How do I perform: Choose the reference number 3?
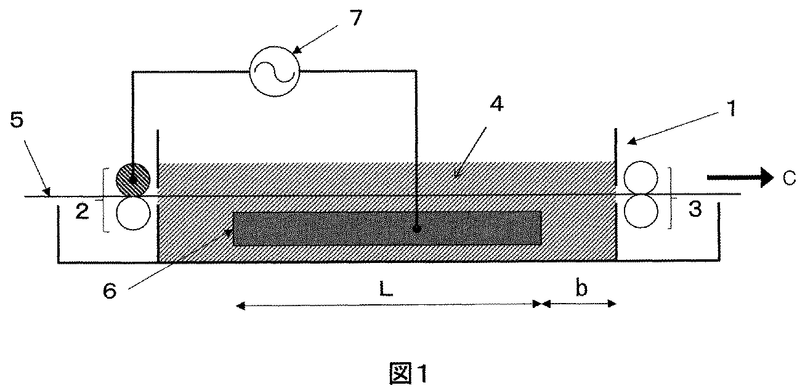tap(694, 211)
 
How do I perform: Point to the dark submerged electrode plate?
tap(387, 228)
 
